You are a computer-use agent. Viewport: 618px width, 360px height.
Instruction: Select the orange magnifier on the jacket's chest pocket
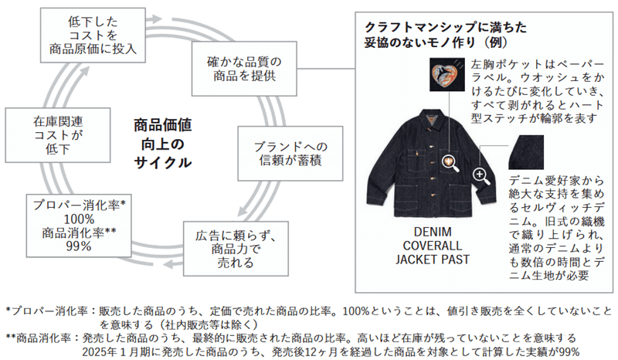click(x=447, y=163)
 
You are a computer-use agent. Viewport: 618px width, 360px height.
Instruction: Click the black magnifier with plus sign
click(x=481, y=175)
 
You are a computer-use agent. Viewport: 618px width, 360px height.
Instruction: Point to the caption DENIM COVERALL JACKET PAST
click(x=433, y=246)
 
